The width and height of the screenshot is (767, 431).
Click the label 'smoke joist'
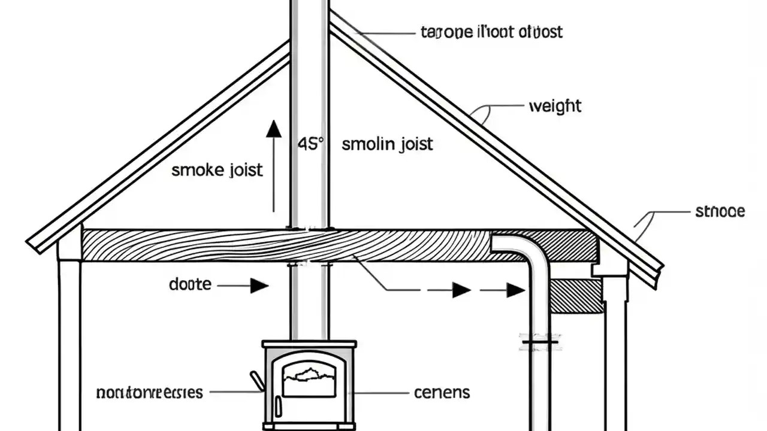point(217,170)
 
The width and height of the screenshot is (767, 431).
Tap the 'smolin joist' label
point(387,144)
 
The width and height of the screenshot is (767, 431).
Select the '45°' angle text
point(310,144)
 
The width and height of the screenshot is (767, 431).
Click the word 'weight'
point(555,107)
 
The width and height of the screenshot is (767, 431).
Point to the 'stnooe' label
point(720,211)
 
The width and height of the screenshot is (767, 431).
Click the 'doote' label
point(190,285)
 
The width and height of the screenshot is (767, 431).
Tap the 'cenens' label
point(442,393)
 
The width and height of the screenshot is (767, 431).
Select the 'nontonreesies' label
point(149,393)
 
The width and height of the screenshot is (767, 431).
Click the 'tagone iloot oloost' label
point(493,32)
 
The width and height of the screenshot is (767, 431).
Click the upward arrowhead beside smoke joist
point(274,129)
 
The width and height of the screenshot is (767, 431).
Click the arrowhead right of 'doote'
point(259,286)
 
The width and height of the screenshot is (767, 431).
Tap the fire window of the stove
point(309,377)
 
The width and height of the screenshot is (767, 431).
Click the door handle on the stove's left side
point(257,380)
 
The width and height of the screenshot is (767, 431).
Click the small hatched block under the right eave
point(576,296)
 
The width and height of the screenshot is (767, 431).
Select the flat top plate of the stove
point(309,344)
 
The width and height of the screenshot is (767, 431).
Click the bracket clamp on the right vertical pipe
point(540,342)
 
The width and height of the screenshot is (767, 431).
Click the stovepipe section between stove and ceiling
point(309,302)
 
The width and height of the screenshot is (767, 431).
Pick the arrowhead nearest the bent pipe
point(515,290)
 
